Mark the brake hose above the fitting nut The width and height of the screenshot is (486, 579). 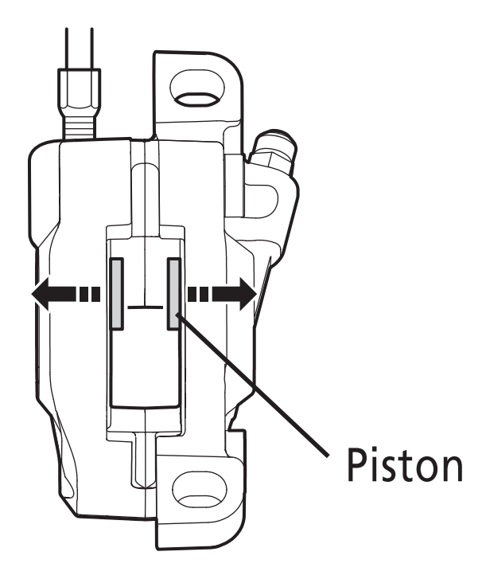tap(79, 44)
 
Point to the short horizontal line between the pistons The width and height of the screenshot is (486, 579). tap(144, 306)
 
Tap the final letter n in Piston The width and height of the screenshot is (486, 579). tap(447, 470)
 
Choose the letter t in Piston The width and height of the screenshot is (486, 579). tap(396, 468)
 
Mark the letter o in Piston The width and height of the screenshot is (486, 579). tap(419, 470)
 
